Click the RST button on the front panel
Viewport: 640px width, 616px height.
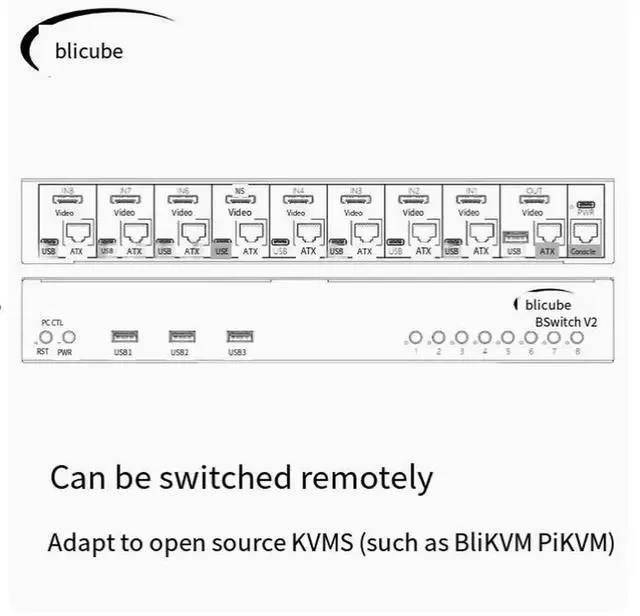click(x=43, y=338)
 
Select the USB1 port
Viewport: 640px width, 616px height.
click(x=125, y=337)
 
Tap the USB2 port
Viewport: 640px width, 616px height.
click(x=181, y=337)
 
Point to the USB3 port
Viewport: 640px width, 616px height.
click(x=238, y=337)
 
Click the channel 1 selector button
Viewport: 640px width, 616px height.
click(x=415, y=338)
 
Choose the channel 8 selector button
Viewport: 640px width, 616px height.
click(x=577, y=338)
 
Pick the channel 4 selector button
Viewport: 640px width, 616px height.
click(x=484, y=338)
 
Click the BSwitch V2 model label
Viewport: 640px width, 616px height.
click(x=567, y=321)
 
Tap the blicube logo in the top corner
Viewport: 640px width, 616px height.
click(x=89, y=50)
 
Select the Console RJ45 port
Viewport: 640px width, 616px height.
click(x=583, y=232)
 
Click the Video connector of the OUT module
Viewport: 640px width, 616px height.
click(x=533, y=199)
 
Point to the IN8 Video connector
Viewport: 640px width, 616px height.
click(x=67, y=199)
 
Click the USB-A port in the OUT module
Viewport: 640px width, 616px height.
click(x=514, y=237)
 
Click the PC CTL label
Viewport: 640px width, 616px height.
click(x=51, y=322)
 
